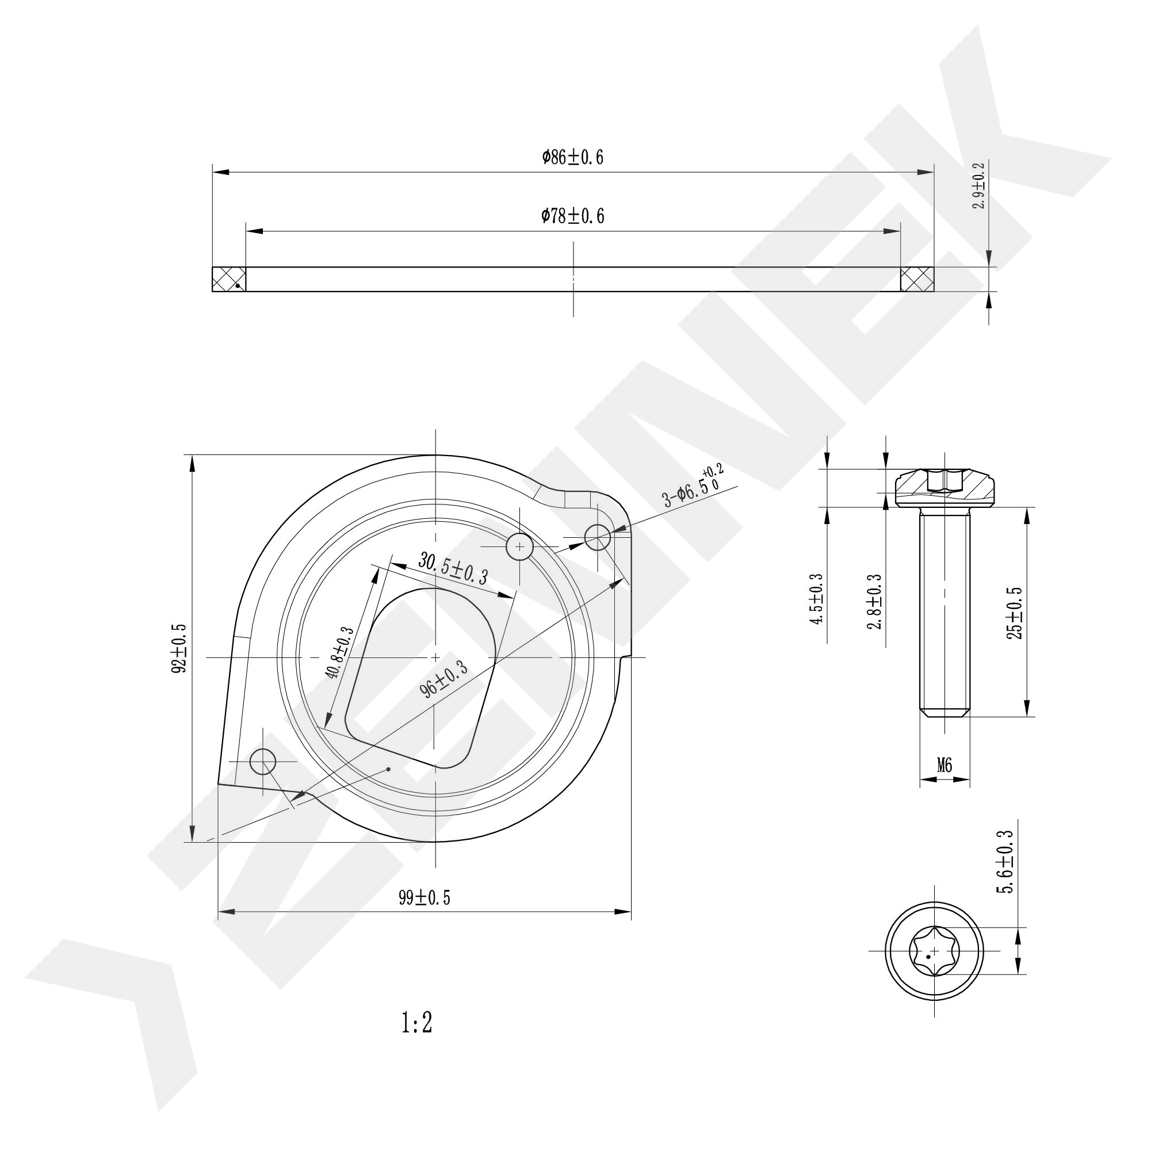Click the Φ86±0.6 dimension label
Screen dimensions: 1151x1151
[572, 157]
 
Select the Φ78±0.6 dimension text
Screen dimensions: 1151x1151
[572, 216]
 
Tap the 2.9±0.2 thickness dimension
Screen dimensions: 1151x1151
[979, 185]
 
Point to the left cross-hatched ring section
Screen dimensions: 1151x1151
[230, 280]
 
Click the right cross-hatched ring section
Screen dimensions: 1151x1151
[917, 280]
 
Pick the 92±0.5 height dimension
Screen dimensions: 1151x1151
[179, 649]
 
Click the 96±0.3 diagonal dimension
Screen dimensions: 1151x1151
[444, 680]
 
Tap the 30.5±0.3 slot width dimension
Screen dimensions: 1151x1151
[453, 568]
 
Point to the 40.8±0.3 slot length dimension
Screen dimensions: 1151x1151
[339, 653]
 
